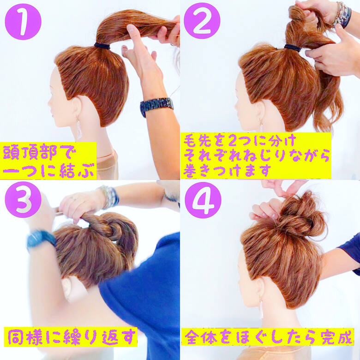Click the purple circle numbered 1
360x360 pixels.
click(23, 21)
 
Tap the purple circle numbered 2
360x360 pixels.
click(202, 21)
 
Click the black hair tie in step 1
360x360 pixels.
click(102, 46)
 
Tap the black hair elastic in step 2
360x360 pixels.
click(292, 47)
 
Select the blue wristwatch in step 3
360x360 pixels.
click(41, 239)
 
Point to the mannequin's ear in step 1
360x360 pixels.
click(77, 108)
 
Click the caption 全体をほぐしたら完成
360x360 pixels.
click(267, 336)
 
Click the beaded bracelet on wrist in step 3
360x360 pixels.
click(109, 197)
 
